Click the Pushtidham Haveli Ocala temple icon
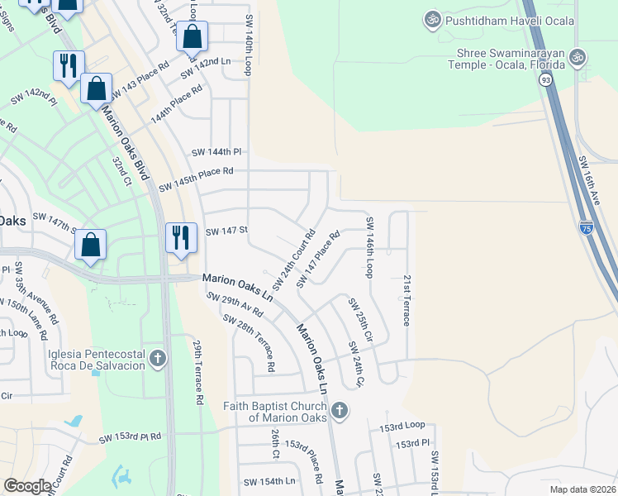tap(431, 18)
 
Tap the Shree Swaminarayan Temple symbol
tap(578, 57)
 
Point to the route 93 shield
tap(544, 79)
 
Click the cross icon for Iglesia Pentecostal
tap(158, 359)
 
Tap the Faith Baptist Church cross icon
tap(339, 411)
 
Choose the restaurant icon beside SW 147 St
tap(179, 238)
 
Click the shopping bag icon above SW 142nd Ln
tap(192, 37)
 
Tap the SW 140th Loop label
tap(248, 45)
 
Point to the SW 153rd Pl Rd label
tap(130, 437)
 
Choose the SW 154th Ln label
tap(269, 481)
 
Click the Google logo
tap(27, 486)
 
